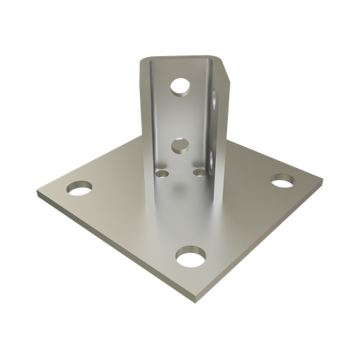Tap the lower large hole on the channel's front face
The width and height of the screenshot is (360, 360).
180,146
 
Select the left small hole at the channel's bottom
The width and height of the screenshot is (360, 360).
163,172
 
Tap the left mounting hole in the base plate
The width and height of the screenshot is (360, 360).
79,188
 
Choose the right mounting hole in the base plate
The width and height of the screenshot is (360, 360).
283,181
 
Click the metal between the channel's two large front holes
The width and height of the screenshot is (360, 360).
181,116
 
